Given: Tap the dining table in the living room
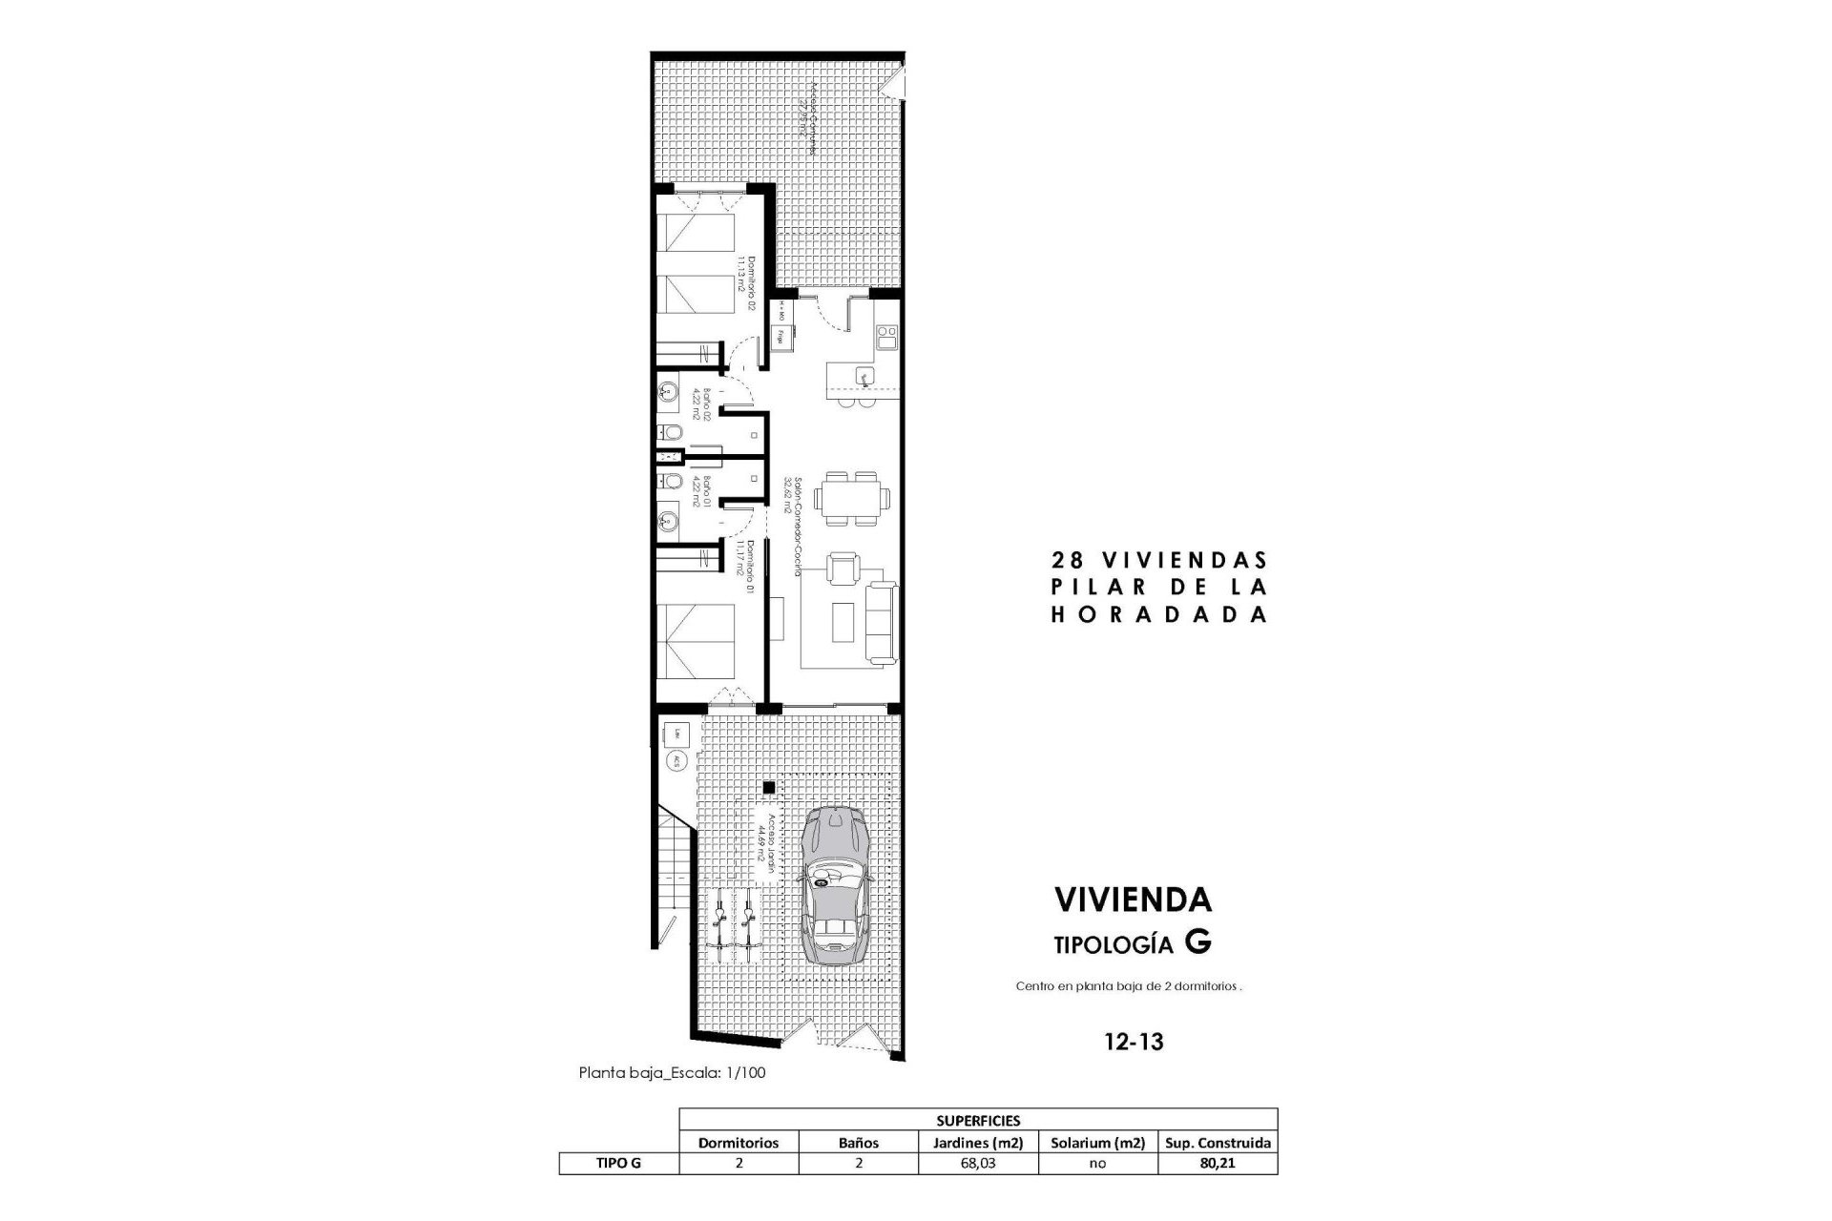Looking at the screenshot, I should [856, 497].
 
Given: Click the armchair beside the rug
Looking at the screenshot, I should [841, 570].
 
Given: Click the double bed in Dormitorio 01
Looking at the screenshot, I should [695, 640].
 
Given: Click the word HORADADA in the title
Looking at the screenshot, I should [1158, 615].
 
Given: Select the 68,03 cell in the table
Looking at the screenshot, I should [979, 1164].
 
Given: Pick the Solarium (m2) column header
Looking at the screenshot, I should [1097, 1143].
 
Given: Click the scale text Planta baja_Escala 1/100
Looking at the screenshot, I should [672, 1073].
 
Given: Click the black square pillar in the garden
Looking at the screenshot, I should [767, 787].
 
